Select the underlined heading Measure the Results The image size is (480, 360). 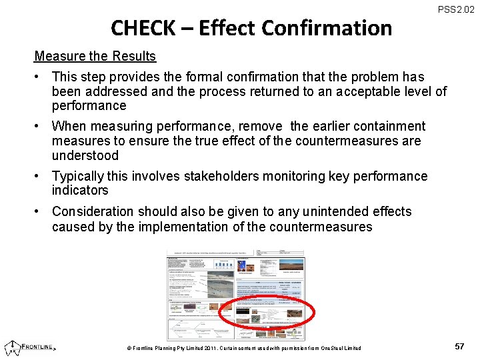95,57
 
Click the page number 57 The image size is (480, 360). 459,347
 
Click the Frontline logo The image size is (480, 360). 31,347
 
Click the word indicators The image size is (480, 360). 80,191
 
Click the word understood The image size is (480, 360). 85,156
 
